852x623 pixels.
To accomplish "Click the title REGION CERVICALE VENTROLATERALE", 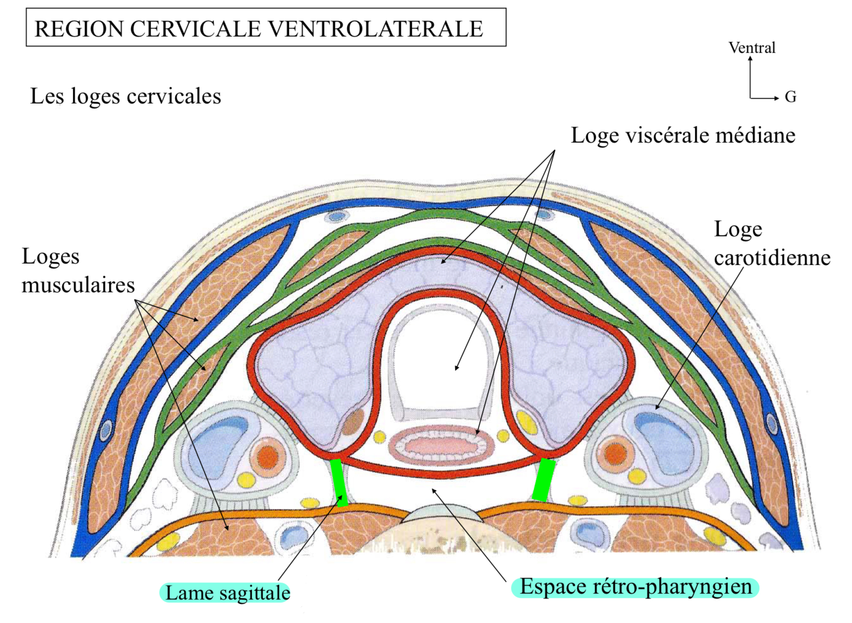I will click(259, 29).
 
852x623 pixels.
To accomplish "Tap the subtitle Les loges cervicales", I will click(125, 96).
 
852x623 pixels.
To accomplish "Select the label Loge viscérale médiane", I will click(682, 135).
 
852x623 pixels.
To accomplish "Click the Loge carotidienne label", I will click(771, 243).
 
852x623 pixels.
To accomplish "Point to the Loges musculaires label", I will click(78, 271).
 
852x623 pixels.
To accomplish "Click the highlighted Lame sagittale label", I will click(227, 593).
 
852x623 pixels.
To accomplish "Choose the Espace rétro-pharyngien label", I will click(635, 587).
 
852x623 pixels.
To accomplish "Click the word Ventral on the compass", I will click(751, 48).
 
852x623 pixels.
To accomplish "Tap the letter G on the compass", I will click(790, 97).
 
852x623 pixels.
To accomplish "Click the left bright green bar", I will click(340, 483).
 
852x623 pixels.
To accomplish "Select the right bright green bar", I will click(544, 480).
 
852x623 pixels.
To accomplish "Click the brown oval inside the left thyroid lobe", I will click(353, 422).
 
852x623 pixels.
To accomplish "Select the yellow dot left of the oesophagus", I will click(379, 437).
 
